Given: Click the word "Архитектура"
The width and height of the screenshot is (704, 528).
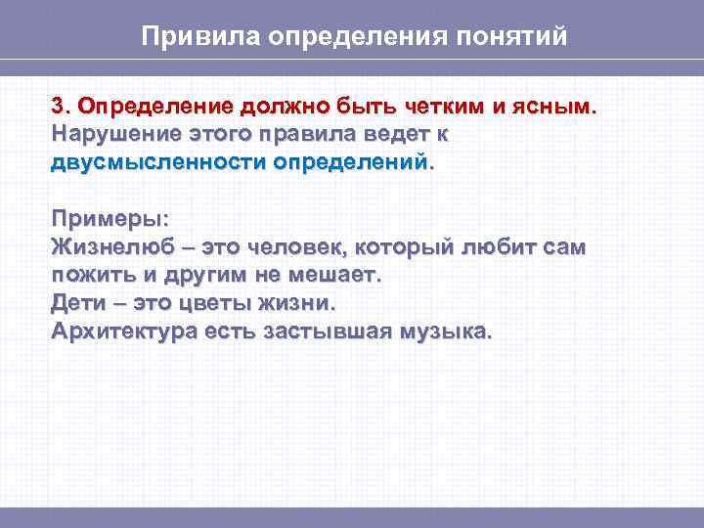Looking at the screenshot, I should pos(123,330).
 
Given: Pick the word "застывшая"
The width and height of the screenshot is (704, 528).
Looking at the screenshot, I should pos(327,330).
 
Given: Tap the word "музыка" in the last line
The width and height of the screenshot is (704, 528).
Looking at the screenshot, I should pos(446,330).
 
